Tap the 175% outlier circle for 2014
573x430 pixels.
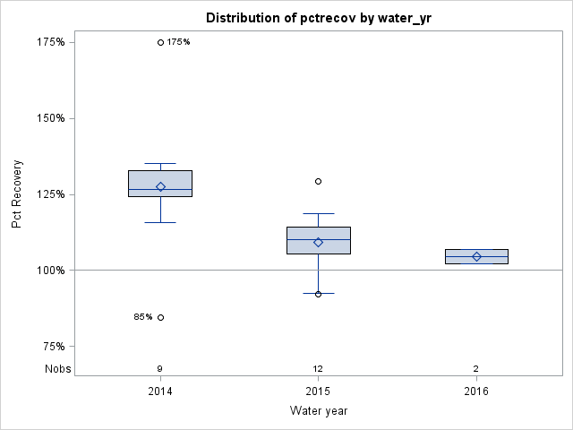click(160, 42)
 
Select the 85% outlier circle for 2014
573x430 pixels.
click(160, 317)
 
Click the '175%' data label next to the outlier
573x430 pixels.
click(179, 42)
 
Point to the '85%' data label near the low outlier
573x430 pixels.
click(143, 317)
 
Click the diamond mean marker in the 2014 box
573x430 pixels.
click(160, 187)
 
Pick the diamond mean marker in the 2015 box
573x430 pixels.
click(318, 242)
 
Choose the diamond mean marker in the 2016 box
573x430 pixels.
click(476, 256)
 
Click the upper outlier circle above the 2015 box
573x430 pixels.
click(318, 181)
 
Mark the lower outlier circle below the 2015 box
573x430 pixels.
click(318, 294)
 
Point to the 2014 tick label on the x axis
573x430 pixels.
click(160, 391)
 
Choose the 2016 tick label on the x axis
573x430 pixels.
click(476, 391)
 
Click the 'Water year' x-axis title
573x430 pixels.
click(319, 411)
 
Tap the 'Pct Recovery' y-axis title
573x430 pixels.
click(17, 194)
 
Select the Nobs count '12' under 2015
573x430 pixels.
click(318, 369)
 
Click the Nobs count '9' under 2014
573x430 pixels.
click(160, 369)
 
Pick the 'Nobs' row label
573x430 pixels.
click(57, 369)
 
